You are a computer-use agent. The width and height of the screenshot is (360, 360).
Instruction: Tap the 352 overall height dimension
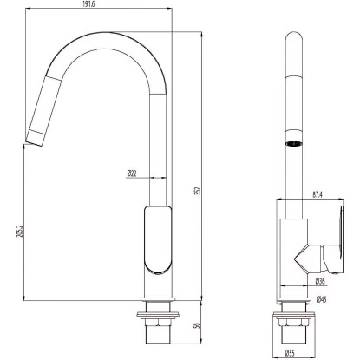pos(198,191)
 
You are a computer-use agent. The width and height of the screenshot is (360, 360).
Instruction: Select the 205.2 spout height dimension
pos(20,232)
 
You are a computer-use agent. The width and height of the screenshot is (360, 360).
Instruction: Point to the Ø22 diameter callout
pos(132,173)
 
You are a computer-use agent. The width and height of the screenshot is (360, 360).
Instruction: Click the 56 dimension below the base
pos(198,325)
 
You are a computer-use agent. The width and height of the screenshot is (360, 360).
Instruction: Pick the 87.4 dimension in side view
pos(317,195)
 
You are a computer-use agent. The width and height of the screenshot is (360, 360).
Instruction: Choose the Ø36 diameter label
pos(320,281)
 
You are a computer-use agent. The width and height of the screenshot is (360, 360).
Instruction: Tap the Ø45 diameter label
pos(322,299)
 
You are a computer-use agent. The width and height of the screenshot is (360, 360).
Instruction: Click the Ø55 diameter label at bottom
pos(290,353)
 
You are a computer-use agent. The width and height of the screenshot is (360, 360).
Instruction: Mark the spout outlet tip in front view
pos(34,143)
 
